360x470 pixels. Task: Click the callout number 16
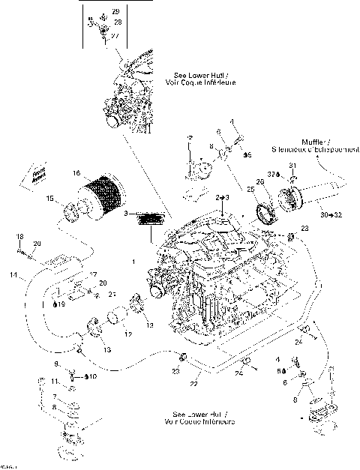tap(76, 173)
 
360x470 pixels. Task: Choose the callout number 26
tap(260, 182)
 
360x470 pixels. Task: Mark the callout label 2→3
tap(222, 196)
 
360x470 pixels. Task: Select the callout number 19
tap(63, 305)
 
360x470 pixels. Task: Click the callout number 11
tap(55, 381)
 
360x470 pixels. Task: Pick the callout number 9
tap(55, 364)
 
